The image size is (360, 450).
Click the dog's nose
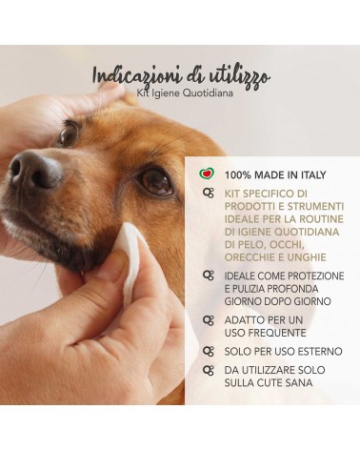34,170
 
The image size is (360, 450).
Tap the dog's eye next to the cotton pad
156,182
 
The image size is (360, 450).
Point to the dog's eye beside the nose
69,134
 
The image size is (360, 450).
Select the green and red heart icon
207,174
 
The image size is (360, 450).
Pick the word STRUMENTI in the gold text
315,206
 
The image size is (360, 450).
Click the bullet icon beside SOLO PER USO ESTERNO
209,351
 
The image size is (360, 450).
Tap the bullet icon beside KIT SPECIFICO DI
209,194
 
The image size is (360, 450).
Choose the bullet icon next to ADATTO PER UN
209,320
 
